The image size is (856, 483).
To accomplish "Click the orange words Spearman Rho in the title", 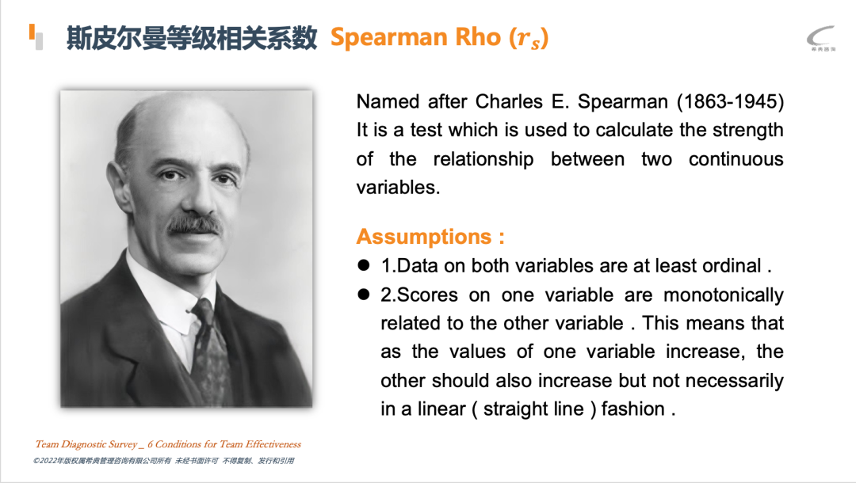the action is point(415,38).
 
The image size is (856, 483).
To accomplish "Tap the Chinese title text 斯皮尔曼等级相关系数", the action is point(192,38).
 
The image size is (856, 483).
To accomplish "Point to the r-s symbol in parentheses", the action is point(529,38).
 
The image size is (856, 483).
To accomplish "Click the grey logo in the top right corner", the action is point(821,38).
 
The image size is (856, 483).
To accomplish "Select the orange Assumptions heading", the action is point(430,237).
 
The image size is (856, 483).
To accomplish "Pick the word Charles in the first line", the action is point(509,101).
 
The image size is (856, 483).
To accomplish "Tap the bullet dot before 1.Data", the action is point(364,265).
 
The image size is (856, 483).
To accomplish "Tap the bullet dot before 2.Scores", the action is point(364,295).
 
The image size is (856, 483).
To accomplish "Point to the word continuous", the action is point(736,159).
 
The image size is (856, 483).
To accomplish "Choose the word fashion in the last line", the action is point(633,409).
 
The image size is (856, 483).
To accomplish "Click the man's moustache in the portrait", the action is point(194,224).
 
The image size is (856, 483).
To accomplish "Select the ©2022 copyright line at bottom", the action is point(164,461).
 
